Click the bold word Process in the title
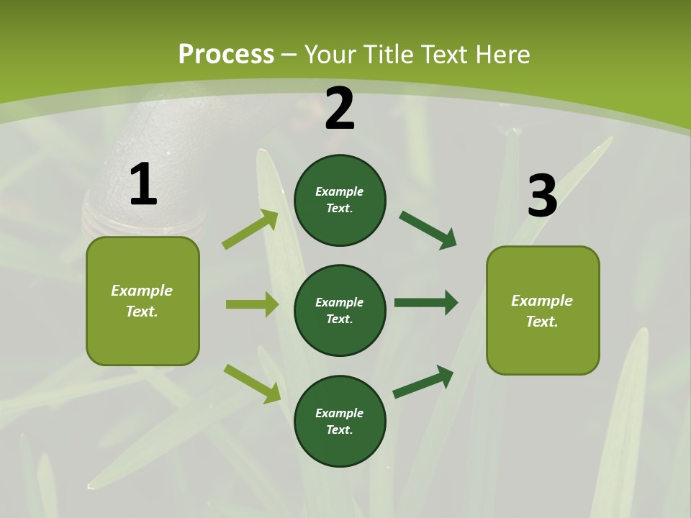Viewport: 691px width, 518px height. point(226,55)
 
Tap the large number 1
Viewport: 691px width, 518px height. point(143,185)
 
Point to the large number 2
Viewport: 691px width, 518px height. point(340,109)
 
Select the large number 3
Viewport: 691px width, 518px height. point(542,196)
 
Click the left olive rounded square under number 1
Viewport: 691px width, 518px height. point(143,301)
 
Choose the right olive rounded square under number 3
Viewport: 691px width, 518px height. point(543,310)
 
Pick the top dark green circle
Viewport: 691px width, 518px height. point(340,200)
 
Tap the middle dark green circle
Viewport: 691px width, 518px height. point(340,310)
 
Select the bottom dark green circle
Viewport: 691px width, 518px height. point(340,421)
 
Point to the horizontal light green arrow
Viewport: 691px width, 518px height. point(252,304)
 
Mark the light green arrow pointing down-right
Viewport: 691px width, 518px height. point(252,383)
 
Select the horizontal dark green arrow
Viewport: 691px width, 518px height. point(426,303)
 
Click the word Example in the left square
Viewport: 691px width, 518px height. point(142,291)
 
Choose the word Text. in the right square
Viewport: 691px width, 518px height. point(542,322)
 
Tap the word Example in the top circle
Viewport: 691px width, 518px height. point(340,191)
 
